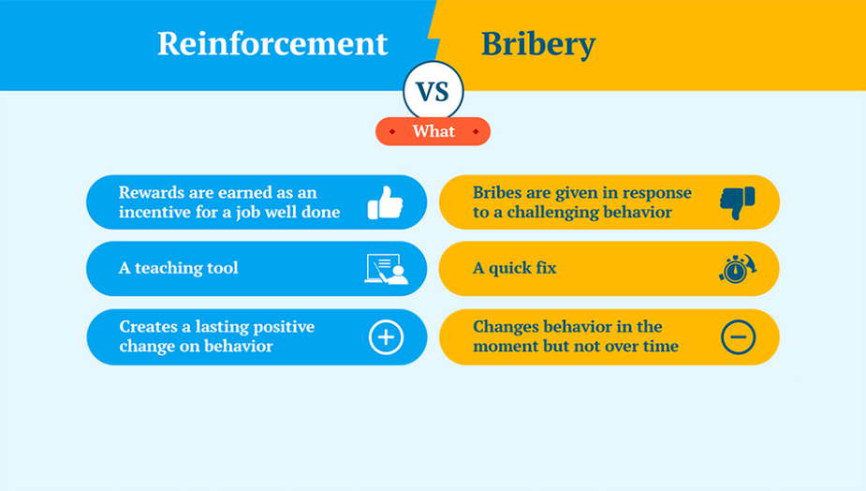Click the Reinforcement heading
click(x=272, y=43)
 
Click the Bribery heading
click(x=538, y=44)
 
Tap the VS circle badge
click(x=433, y=91)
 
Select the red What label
click(x=433, y=131)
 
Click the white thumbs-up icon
click(x=385, y=202)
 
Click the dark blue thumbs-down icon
click(x=738, y=202)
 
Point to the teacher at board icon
click(x=386, y=269)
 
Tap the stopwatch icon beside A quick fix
click(x=738, y=268)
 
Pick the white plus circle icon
click(x=386, y=336)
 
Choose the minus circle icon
click(x=738, y=336)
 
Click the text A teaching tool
click(x=179, y=268)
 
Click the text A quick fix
click(x=515, y=268)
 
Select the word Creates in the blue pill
click(x=148, y=327)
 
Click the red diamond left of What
click(x=392, y=131)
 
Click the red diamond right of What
click(x=476, y=131)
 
